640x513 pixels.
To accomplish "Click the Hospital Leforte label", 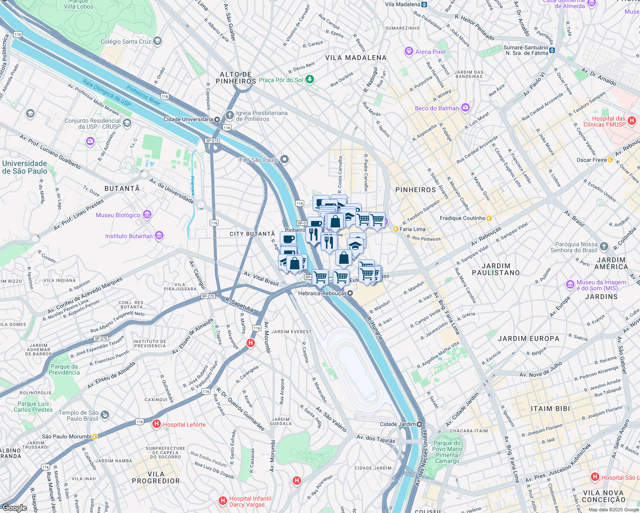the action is [184, 425].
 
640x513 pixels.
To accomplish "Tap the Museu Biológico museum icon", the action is [147, 215].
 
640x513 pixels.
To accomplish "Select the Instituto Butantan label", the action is [129, 236].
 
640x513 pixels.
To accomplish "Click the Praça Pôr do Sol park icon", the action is [310, 80].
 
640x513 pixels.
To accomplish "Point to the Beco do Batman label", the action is [436, 108].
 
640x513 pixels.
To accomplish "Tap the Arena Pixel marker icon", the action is [409, 52].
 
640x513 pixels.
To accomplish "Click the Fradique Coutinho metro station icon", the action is [489, 218].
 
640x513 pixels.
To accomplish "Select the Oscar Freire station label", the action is [592, 160].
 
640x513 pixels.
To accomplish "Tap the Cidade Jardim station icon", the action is [420, 424].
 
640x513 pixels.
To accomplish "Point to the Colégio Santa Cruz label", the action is [126, 41].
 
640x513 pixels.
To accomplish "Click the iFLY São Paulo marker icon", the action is [284, 160].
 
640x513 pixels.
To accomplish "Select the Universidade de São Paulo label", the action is [25, 167].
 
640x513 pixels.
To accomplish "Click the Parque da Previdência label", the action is [64, 369].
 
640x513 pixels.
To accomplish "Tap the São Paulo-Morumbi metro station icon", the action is [95, 436].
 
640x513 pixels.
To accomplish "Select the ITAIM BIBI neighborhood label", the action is [550, 409].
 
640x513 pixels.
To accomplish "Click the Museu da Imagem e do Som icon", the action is [570, 285].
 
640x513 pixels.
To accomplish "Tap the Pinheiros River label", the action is [143, 95].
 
